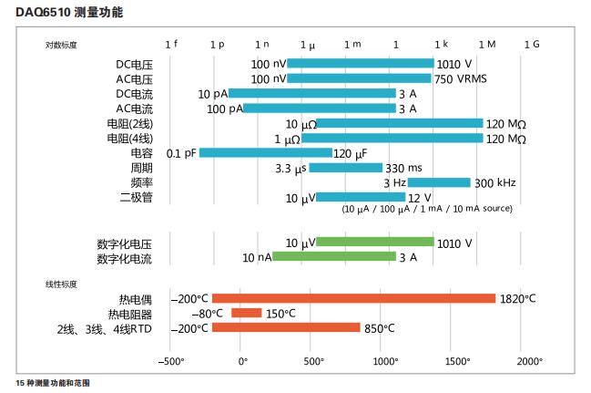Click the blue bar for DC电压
click(361, 64)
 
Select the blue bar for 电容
click(265, 152)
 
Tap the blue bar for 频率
click(439, 182)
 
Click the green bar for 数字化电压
click(374, 243)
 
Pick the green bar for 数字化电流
click(334, 257)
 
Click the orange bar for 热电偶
click(353, 298)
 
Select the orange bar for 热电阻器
click(246, 313)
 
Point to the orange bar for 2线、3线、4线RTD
click(286, 327)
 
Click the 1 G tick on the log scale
click(532, 44)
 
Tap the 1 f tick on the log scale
click(171, 44)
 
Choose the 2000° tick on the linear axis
click(530, 361)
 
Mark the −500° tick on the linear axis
click(171, 361)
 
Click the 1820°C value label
click(517, 298)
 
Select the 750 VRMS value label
click(461, 78)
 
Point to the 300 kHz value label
click(495, 182)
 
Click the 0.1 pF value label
click(181, 153)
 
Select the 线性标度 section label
click(62, 284)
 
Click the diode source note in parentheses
click(426, 209)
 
